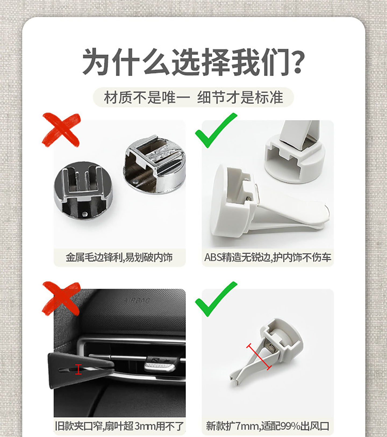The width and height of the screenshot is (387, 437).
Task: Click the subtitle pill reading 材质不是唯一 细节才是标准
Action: coord(193,97)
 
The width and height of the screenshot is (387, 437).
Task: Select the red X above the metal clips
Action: coord(61,130)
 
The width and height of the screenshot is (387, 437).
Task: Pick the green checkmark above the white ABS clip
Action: coord(216,130)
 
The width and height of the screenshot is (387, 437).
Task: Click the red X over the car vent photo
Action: coord(61,298)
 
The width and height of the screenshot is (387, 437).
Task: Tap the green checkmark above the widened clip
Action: coord(216,299)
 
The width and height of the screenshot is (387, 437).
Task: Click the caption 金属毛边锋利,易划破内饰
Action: coord(119,257)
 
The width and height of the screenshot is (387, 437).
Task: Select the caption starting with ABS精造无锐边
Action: coord(268,257)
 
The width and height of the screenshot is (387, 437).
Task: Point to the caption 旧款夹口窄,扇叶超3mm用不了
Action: coord(119,426)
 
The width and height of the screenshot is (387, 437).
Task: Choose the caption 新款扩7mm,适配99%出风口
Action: coord(268,426)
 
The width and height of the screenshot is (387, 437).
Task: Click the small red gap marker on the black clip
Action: coord(78,369)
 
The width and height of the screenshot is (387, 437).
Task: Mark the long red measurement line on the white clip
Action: coord(259,357)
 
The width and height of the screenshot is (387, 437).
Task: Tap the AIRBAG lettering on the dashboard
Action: coord(137,300)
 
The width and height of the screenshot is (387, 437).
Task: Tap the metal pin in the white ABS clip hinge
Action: coord(249,198)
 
